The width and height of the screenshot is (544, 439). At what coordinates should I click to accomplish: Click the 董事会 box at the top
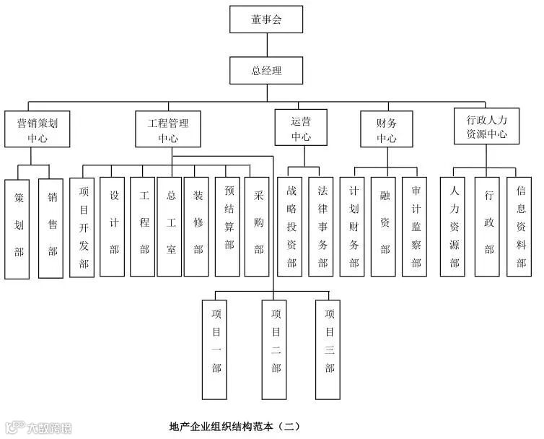[x=266, y=19]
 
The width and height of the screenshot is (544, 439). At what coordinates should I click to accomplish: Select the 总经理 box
[x=266, y=70]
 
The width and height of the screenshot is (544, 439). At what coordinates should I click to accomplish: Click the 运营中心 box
[x=301, y=129]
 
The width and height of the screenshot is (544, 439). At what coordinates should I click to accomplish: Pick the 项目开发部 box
[x=83, y=227]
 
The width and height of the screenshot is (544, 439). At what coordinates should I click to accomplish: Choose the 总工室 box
[x=170, y=227]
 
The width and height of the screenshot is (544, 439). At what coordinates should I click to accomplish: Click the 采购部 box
[x=258, y=227]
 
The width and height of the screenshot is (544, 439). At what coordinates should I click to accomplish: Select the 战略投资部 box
[x=291, y=227]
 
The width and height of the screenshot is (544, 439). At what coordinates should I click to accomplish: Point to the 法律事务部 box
[x=322, y=227]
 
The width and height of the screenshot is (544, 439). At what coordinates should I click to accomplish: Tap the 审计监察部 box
[x=416, y=227]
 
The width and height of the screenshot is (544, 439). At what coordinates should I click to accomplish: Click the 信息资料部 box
[x=520, y=227]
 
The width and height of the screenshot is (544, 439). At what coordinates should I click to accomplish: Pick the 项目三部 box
[x=329, y=345]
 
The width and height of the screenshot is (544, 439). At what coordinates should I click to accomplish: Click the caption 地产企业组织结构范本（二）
[x=234, y=426]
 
